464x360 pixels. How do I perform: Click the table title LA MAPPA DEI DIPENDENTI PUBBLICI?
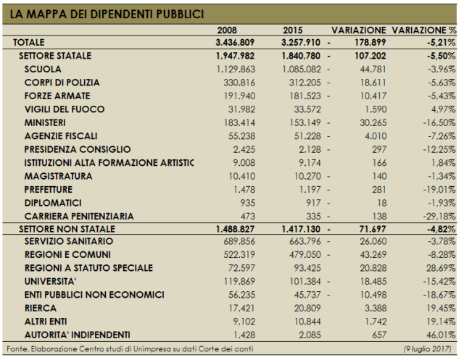point(107,14)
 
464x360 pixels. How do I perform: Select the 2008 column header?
point(227,30)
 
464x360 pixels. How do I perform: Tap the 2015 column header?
point(293,30)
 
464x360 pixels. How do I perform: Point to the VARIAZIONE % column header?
point(424,30)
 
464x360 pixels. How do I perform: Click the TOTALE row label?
point(29,43)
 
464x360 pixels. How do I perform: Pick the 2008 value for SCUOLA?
point(236,69)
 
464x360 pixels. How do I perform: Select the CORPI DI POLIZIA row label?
point(62,83)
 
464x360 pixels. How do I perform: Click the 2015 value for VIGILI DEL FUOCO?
point(307,109)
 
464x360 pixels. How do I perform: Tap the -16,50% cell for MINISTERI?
point(439,122)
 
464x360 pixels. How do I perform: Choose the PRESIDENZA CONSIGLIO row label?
point(78,149)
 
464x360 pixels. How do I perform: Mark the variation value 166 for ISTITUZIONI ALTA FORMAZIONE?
point(379,163)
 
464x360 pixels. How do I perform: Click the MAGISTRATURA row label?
point(58,176)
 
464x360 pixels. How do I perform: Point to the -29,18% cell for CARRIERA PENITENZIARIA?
point(439,217)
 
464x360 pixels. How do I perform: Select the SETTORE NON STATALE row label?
point(67,229)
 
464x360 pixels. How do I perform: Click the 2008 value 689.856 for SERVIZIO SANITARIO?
point(239,241)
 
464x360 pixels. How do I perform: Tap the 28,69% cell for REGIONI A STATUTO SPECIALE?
point(441,268)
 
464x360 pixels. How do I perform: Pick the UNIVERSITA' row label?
point(50,281)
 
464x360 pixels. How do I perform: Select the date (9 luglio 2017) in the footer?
point(427,349)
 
